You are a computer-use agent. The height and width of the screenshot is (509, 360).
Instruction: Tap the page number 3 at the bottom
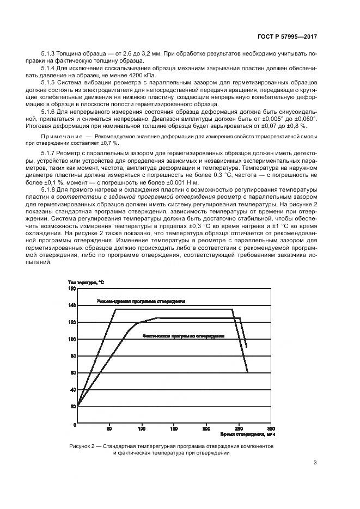315,463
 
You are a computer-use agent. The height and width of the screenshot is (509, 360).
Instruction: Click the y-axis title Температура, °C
86,282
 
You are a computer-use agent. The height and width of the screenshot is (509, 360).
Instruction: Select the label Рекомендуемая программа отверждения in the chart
141,301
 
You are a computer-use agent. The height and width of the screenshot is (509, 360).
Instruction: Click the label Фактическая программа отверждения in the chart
184,336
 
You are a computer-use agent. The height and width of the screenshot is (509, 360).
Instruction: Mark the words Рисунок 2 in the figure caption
83,446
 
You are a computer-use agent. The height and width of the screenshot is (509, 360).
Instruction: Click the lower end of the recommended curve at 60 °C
248,372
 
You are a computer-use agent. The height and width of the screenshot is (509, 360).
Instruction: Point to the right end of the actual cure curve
247,347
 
